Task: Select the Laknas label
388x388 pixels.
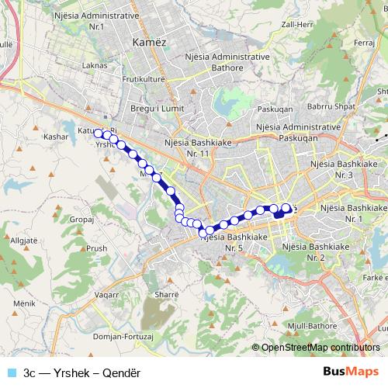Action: pyautogui.click(x=93, y=65)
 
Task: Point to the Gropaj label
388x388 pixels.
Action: pyautogui.click(x=81, y=220)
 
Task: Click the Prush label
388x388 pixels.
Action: pyautogui.click(x=97, y=248)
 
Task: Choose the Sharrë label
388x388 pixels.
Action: pyautogui.click(x=167, y=295)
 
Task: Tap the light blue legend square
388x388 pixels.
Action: pyautogui.click(x=12, y=372)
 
